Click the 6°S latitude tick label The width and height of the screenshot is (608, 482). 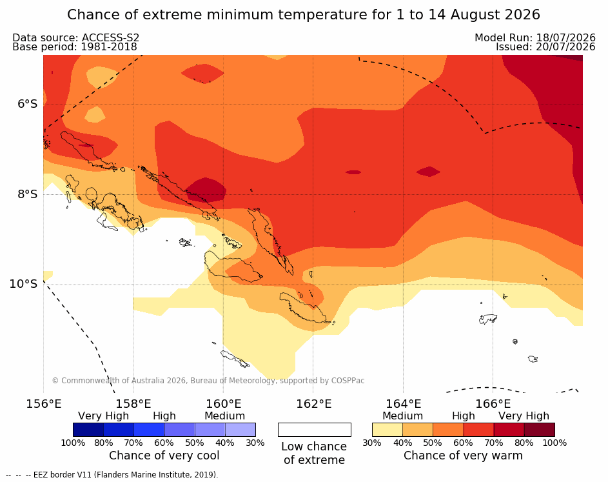[28, 104]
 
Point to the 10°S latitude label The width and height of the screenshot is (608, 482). [24, 284]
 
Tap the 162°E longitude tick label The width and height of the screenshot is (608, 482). [314, 404]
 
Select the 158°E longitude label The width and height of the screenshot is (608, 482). [133, 404]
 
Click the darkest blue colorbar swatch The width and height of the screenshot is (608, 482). [88, 430]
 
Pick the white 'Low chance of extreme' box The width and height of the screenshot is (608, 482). [315, 430]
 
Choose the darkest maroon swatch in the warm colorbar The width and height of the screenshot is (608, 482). [540, 430]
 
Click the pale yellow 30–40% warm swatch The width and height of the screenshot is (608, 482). [387, 430]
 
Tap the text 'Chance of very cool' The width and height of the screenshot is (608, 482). [164, 456]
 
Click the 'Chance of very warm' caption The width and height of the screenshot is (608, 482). [463, 456]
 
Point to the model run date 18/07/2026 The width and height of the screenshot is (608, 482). [565, 37]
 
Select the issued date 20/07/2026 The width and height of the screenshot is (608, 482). [565, 47]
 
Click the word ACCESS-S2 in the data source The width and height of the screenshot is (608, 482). [110, 37]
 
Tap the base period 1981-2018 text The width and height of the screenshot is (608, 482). [109, 47]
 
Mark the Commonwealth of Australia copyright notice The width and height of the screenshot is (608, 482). [208, 381]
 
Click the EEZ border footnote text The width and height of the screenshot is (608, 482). [112, 475]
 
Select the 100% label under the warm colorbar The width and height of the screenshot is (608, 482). [554, 443]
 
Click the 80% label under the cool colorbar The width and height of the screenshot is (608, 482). [104, 443]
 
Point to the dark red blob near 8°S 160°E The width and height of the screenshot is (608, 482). [206, 190]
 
